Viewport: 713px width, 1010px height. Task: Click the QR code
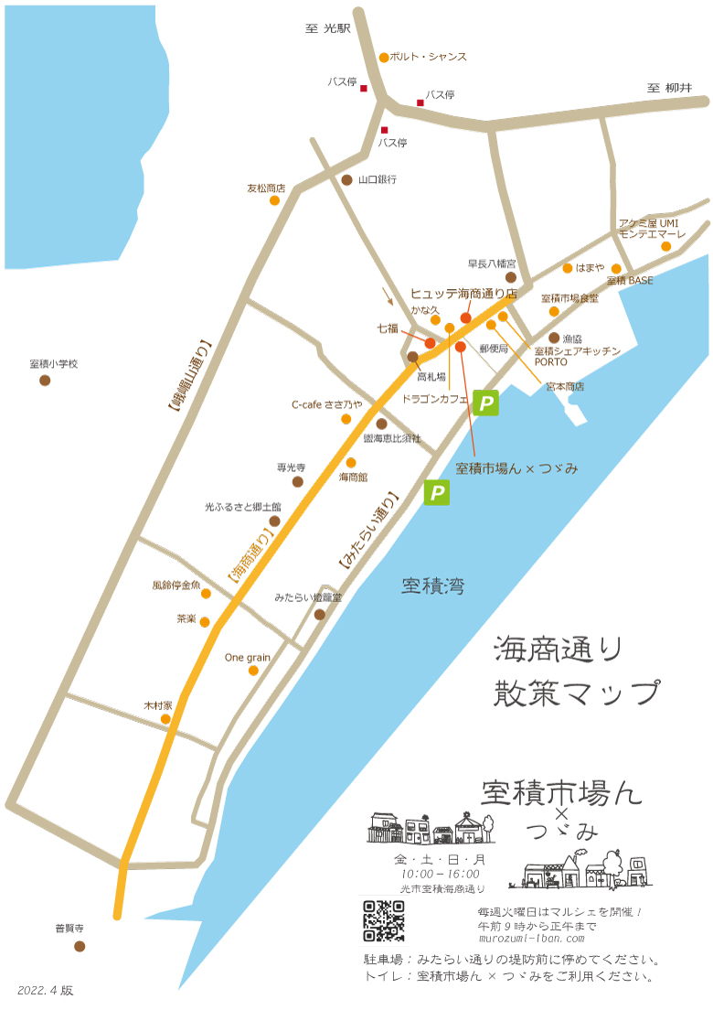coord(384,920)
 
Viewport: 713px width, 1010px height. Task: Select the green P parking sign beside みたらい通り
coord(438,494)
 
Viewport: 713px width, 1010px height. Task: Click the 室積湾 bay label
coord(433,586)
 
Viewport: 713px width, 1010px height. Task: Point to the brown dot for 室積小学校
coord(45,380)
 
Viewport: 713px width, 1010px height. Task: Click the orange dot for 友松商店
coord(274,199)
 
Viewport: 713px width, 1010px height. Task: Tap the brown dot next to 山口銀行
coord(346,180)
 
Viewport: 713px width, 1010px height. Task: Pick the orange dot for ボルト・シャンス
coord(384,57)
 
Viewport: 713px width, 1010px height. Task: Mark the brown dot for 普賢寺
coord(80,946)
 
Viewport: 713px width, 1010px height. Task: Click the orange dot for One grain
coord(253,670)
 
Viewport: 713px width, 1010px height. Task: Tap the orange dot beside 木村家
coord(165,719)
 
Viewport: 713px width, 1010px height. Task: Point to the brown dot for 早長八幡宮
coord(511,276)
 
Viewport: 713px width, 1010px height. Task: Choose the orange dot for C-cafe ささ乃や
coord(346,419)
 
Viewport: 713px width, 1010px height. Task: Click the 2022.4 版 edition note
coord(45,990)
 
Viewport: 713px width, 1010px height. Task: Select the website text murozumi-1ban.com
coord(531,939)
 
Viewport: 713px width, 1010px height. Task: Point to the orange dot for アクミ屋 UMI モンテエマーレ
coord(666,246)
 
